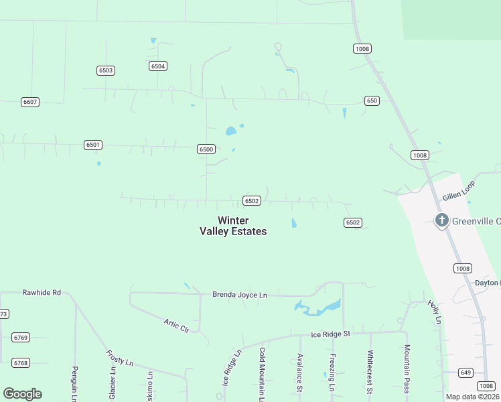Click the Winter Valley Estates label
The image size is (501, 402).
click(233, 226)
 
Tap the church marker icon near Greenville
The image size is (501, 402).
click(441, 220)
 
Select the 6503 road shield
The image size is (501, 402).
click(105, 70)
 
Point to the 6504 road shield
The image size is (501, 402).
click(158, 66)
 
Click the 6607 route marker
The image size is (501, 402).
click(30, 102)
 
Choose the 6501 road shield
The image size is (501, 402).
click(93, 145)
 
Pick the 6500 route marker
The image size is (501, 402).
click(206, 149)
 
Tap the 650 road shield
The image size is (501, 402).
click(372, 100)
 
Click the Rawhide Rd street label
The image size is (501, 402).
click(42, 293)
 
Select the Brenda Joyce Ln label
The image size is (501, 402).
click(239, 294)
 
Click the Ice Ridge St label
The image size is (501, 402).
click(330, 334)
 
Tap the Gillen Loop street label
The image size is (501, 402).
click(458, 192)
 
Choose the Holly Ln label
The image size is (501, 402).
click(435, 312)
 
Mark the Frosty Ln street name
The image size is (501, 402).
click(120, 358)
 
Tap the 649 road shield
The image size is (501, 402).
click(466, 372)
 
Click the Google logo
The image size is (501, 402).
click(23, 394)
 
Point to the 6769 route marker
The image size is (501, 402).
click(21, 338)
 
